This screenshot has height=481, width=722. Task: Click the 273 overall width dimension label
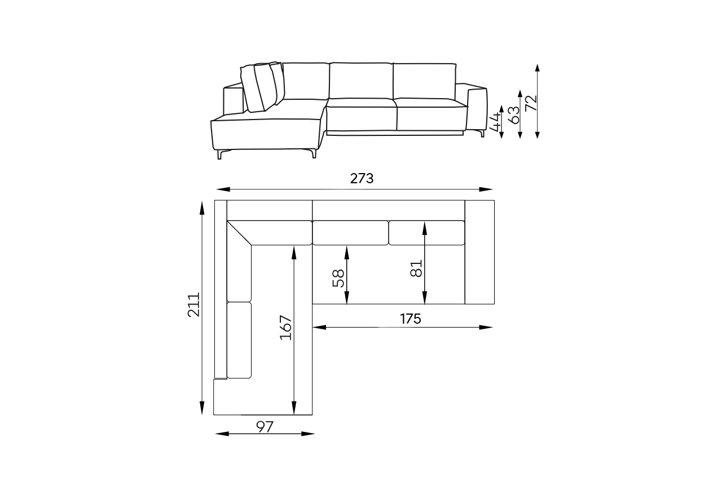tap(362, 179)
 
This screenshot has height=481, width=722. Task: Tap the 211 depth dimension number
tap(193, 305)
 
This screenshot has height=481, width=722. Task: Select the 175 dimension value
tap(410, 319)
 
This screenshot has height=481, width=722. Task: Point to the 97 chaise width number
tap(265, 427)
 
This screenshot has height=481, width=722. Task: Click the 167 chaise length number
tap(285, 328)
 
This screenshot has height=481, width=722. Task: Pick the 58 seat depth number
tap(338, 279)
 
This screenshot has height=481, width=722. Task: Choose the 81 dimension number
tap(416, 268)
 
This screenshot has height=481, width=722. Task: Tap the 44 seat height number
tap(495, 122)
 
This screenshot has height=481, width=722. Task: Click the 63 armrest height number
tap(514, 115)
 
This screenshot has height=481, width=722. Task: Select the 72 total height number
tap(531, 103)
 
